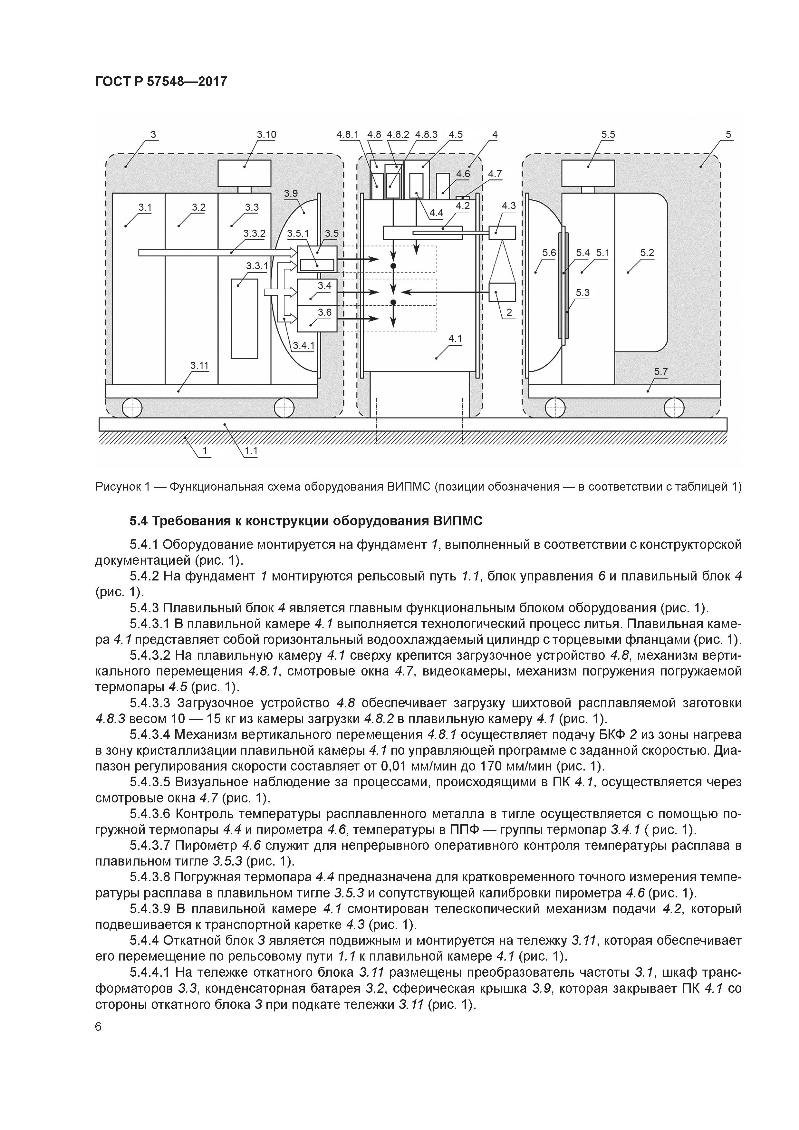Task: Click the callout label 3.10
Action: [266, 134]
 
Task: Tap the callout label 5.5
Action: [608, 134]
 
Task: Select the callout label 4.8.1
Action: [348, 134]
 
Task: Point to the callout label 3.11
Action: [199, 365]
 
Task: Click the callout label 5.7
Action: [661, 372]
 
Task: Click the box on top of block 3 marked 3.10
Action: [245, 173]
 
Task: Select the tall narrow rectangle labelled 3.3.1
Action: [245, 319]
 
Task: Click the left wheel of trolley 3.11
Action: [131, 407]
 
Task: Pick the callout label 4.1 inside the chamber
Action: [455, 339]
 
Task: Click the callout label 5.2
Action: [647, 253]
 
